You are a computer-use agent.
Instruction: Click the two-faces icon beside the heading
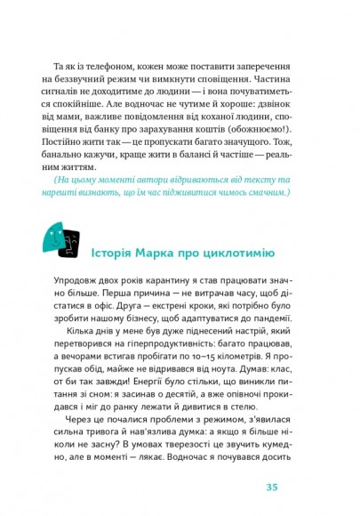(60, 240)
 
